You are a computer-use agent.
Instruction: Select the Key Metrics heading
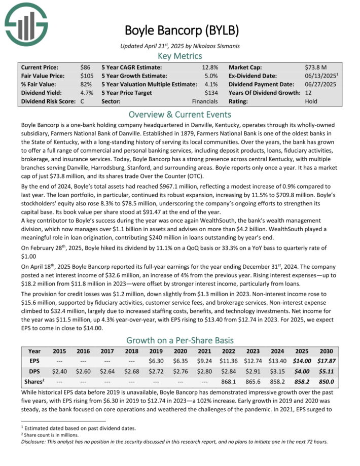tap(180, 56)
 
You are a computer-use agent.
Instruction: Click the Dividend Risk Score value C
tap(83, 101)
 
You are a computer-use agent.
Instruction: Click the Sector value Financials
tap(205, 101)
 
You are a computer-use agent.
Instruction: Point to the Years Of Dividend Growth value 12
tap(309, 92)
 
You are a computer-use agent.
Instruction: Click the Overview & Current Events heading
tap(180, 114)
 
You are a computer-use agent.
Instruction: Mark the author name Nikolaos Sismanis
tap(213, 46)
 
